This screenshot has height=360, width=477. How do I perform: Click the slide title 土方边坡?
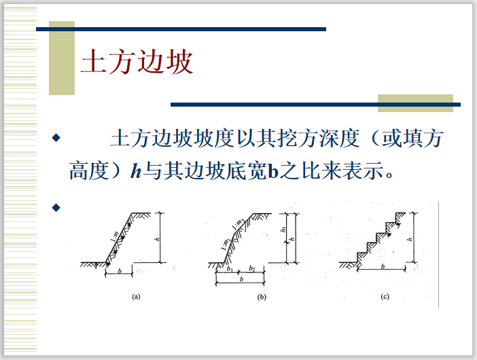137,62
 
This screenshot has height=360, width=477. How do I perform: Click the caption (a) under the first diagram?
136,297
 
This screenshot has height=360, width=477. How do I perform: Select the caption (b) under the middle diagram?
262,297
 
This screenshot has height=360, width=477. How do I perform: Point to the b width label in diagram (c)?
383,267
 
